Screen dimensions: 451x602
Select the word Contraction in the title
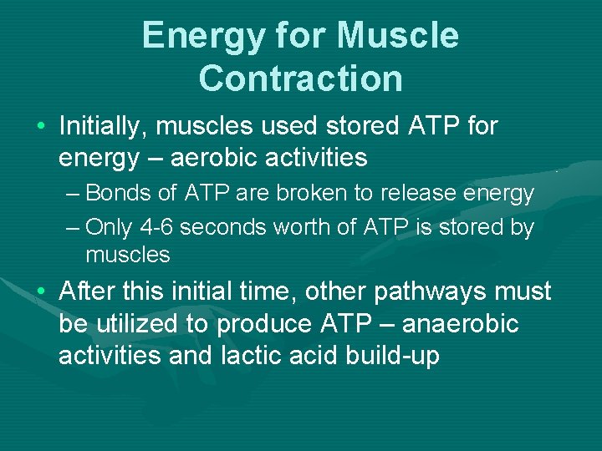click(x=301, y=79)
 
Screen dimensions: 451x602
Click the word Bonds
click(x=120, y=194)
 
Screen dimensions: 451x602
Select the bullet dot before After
click(x=40, y=292)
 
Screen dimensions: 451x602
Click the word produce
click(x=281, y=324)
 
